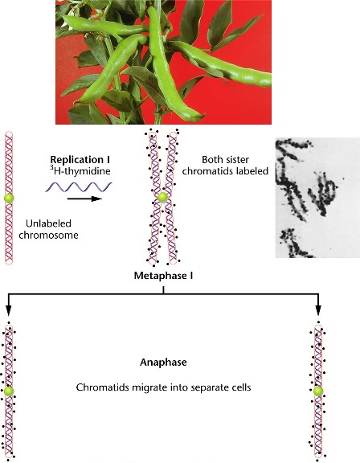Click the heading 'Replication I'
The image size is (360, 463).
tap(80, 159)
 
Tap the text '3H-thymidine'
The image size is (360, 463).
tap(80, 171)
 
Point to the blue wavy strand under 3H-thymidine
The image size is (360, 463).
tap(79, 187)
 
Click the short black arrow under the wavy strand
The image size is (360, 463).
tap(84, 199)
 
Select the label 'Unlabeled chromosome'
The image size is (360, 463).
tap(48, 229)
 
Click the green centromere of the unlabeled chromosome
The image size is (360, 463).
tap(9, 198)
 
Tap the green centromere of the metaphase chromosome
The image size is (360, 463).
tap(162, 197)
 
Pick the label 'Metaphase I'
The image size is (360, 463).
tap(163, 276)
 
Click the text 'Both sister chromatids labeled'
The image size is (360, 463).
tap(225, 166)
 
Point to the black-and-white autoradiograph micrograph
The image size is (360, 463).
tap(317, 198)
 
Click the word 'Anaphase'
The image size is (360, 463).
tap(163, 363)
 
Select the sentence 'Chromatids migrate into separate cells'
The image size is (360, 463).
tap(163, 387)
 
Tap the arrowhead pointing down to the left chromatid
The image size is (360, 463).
tap(9, 310)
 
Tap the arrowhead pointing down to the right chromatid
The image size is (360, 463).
tap(318, 310)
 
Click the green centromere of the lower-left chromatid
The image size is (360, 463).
tap(9, 391)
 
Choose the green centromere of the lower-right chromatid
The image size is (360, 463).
tap(318, 391)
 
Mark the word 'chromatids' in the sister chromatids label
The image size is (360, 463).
tap(204, 171)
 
